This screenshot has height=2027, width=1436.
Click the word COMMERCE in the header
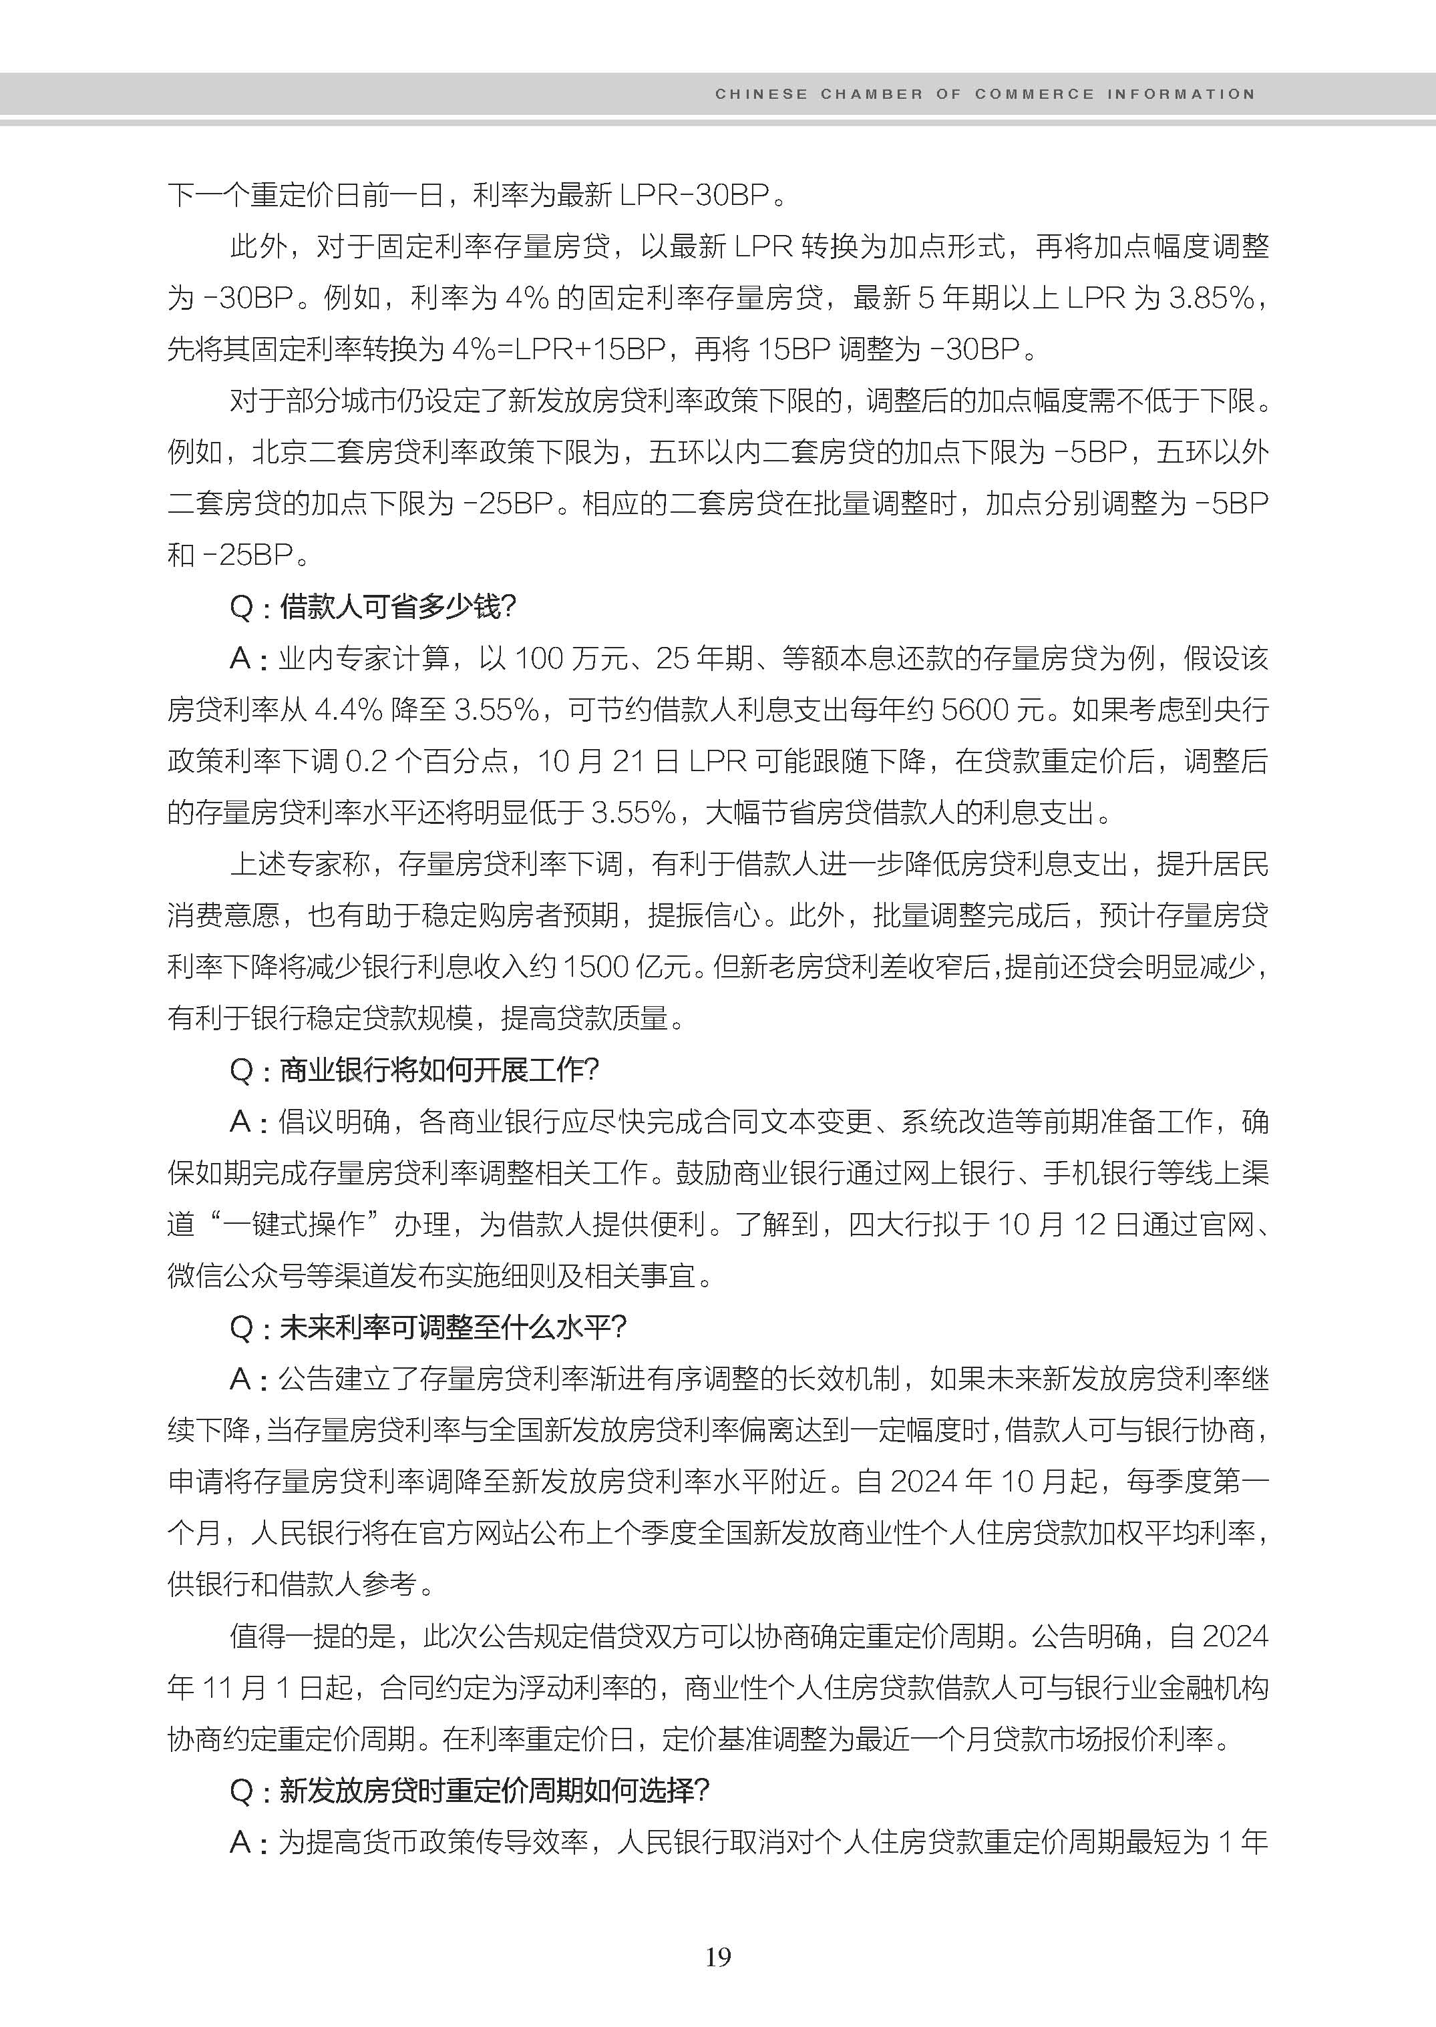tap(1034, 93)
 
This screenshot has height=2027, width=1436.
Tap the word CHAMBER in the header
tap(871, 93)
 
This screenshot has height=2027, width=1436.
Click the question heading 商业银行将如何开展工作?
tap(439, 1070)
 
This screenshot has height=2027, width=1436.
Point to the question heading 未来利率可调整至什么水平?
tap(453, 1327)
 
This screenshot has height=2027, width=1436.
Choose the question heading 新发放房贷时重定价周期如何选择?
tap(494, 1790)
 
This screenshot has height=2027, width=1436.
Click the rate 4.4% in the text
tap(349, 709)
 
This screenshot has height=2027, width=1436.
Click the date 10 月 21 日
tap(606, 760)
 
